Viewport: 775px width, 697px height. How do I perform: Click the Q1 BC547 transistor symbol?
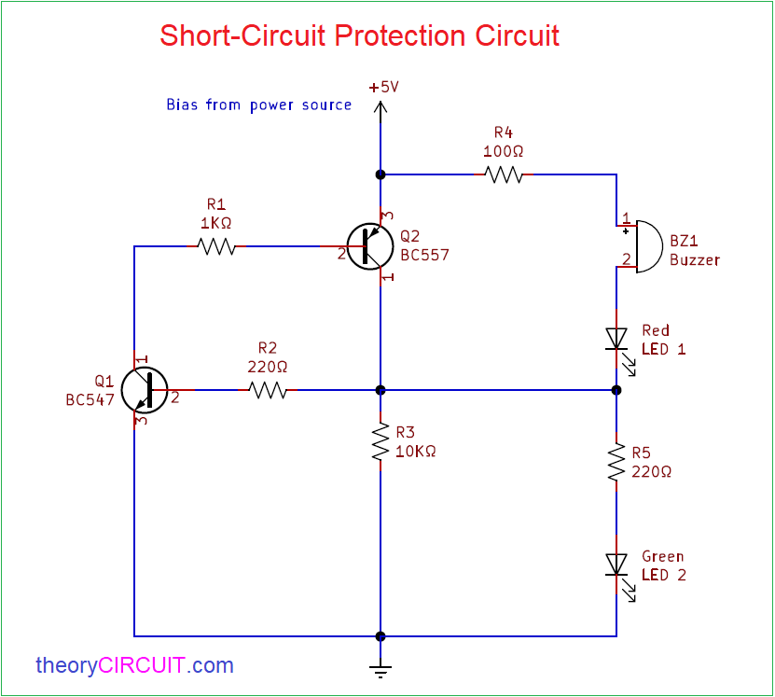[145, 390]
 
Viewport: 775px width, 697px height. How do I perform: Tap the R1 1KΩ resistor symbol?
[215, 246]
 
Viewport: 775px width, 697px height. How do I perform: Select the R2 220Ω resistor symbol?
[268, 390]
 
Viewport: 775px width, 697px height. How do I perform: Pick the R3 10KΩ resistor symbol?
[381, 443]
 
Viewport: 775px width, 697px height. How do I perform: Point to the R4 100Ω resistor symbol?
[504, 174]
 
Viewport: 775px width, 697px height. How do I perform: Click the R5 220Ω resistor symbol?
[616, 462]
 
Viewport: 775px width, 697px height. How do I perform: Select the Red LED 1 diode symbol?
[616, 339]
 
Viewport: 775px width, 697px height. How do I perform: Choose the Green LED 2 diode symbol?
[616, 565]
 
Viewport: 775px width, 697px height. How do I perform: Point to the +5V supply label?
[383, 87]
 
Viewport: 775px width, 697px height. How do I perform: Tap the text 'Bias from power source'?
[258, 105]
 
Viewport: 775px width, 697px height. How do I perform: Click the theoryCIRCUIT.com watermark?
[134, 665]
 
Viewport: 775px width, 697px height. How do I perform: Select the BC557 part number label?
[424, 254]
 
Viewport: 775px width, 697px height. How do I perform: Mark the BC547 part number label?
[90, 399]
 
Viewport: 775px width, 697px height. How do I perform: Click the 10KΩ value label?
[416, 451]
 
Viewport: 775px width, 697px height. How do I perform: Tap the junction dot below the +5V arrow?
[381, 174]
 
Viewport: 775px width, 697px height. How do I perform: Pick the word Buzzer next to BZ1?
[695, 259]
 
